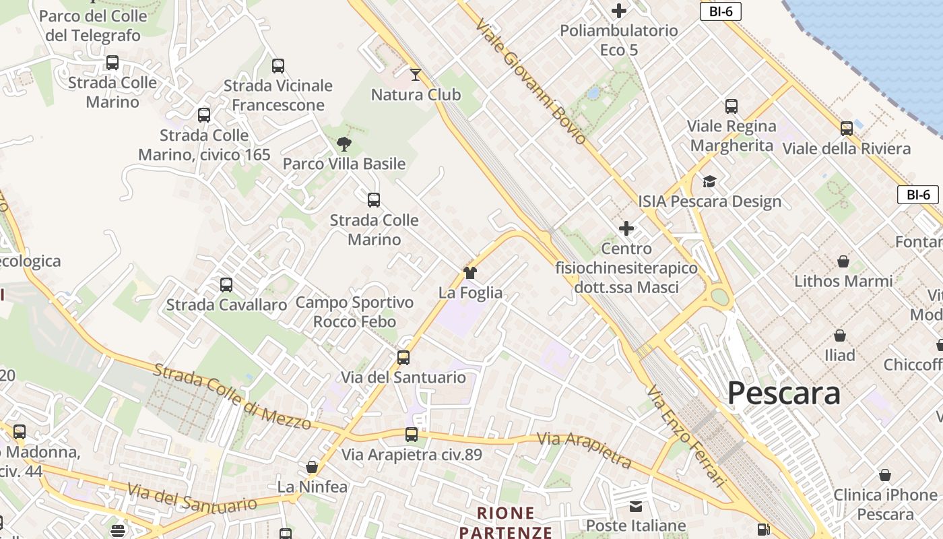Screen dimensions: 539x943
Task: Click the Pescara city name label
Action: point(784,393)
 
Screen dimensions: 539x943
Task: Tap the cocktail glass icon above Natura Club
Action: point(416,74)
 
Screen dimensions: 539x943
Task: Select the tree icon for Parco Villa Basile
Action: point(344,144)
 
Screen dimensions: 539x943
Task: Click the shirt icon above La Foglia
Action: point(470,272)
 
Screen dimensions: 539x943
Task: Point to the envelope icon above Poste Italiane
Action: point(635,506)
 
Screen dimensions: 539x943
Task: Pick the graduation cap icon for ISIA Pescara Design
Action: point(709,181)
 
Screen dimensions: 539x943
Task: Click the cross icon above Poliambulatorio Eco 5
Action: point(618,11)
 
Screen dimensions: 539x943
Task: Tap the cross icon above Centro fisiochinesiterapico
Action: point(626,228)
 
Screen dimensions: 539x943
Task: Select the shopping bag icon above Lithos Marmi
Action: point(843,261)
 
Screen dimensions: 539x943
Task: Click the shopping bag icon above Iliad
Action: point(840,335)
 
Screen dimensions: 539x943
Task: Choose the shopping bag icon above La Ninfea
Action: point(312,466)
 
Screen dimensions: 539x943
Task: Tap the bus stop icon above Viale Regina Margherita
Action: point(731,106)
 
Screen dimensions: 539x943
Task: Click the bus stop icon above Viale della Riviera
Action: point(847,128)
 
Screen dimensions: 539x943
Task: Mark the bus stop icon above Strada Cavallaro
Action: point(226,284)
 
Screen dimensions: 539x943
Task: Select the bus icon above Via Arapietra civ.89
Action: point(412,435)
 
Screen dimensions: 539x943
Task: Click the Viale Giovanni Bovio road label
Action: point(530,82)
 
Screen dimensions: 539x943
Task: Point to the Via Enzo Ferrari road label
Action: point(686,435)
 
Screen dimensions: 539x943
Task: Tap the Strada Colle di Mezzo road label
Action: point(232,397)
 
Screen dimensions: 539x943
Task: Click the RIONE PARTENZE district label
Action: point(506,523)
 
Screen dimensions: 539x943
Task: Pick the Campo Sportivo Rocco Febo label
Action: point(354,312)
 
